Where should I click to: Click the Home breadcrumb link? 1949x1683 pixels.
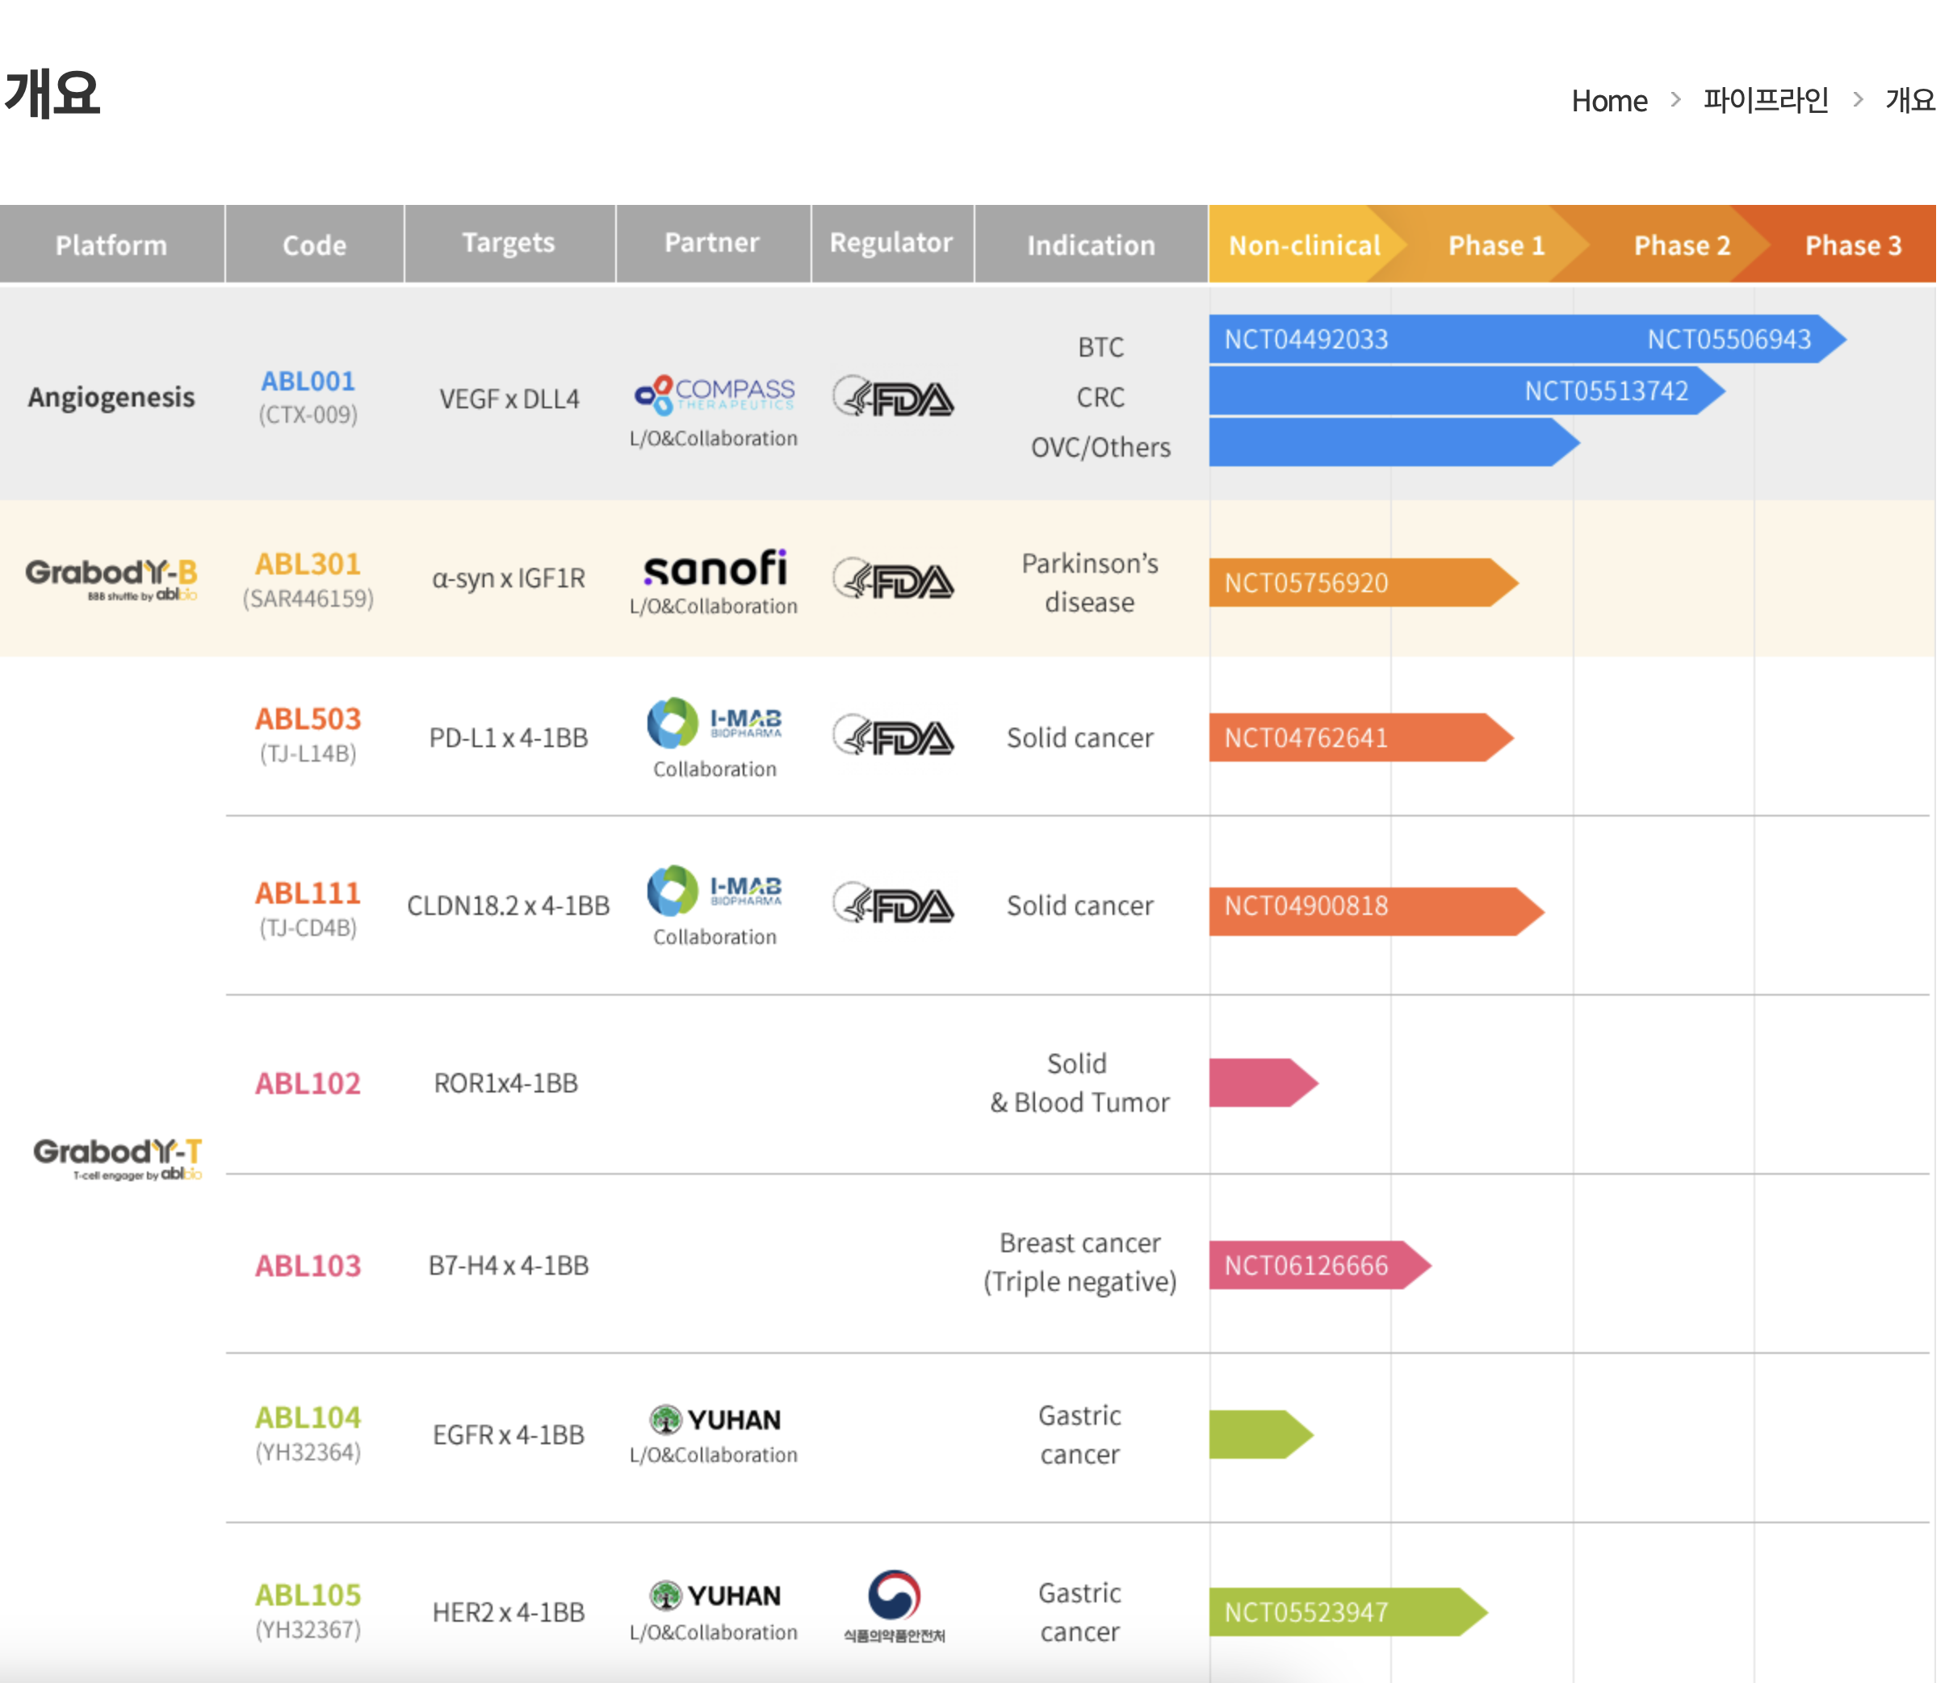point(1608,101)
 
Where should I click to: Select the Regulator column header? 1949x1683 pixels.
point(891,243)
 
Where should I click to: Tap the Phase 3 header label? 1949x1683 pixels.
point(1852,245)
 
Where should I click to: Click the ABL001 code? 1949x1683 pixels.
point(308,381)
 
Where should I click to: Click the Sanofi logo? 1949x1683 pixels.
point(715,568)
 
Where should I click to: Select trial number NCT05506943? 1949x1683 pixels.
point(1728,340)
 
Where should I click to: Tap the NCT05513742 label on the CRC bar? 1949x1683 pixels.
point(1606,391)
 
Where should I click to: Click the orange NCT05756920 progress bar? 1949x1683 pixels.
point(1363,583)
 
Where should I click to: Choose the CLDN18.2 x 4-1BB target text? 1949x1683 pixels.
point(508,905)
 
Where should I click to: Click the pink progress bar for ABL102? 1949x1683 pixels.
point(1264,1083)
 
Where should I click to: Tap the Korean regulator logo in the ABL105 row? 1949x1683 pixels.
point(894,1606)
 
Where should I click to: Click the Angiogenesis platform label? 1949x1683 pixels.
point(111,398)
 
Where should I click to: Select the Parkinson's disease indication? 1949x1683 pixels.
point(1089,583)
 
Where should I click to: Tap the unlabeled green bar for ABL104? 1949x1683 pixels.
point(1260,1435)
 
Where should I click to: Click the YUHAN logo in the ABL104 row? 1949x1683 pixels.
point(715,1420)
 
